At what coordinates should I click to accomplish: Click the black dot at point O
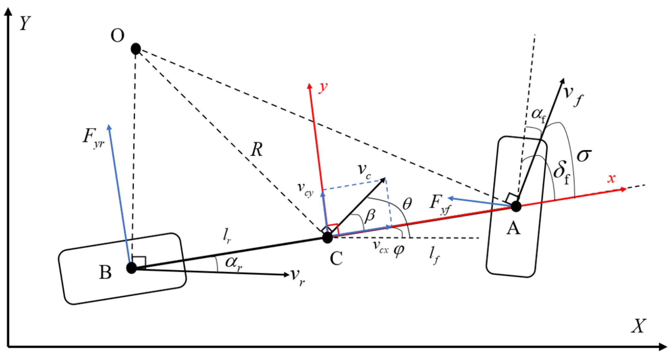pyautogui.click(x=136, y=49)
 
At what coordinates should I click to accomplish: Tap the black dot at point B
pyautogui.click(x=132, y=268)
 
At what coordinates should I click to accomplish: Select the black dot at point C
pyautogui.click(x=327, y=237)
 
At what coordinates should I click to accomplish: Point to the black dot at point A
pyautogui.click(x=516, y=206)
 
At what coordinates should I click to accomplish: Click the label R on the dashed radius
pyautogui.click(x=257, y=150)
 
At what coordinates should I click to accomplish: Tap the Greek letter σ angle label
pyautogui.click(x=584, y=155)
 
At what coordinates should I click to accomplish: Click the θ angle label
pyautogui.click(x=407, y=204)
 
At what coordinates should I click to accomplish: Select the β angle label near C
pyautogui.click(x=370, y=216)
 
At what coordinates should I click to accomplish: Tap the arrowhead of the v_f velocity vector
pyautogui.click(x=562, y=81)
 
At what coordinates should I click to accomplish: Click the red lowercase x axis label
pyautogui.click(x=611, y=179)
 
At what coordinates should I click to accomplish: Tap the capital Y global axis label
pyautogui.click(x=25, y=23)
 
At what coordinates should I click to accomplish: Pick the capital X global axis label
pyautogui.click(x=638, y=326)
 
